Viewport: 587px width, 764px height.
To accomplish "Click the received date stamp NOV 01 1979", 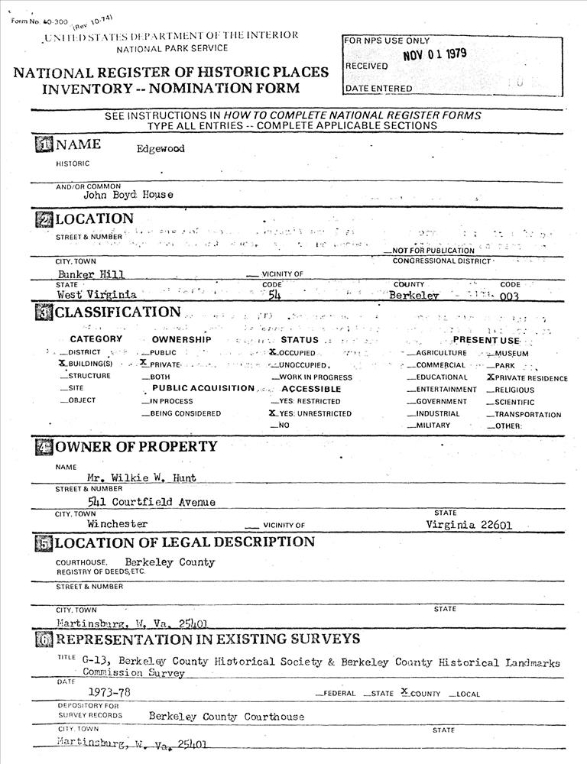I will click(x=434, y=54).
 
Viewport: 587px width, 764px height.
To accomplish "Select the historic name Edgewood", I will click(x=161, y=149).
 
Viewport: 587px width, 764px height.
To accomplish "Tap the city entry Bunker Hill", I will click(x=91, y=274).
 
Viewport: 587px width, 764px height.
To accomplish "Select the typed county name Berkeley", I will click(x=413, y=295).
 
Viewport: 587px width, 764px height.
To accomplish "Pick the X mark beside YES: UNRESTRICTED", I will click(x=272, y=413).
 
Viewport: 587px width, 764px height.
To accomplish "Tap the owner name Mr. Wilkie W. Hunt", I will click(x=141, y=477).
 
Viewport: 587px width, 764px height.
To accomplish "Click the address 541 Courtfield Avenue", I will click(x=151, y=502).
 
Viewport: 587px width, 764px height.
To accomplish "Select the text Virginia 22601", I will click(x=469, y=525).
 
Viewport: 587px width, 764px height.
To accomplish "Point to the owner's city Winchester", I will click(x=117, y=524).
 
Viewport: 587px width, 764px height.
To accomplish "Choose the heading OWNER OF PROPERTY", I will click(x=136, y=446).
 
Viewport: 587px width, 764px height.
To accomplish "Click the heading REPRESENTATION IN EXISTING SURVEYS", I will click(x=207, y=639).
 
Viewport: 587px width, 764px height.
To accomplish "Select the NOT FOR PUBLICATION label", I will click(x=433, y=251).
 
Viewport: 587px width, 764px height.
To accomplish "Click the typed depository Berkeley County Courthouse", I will click(x=226, y=717).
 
